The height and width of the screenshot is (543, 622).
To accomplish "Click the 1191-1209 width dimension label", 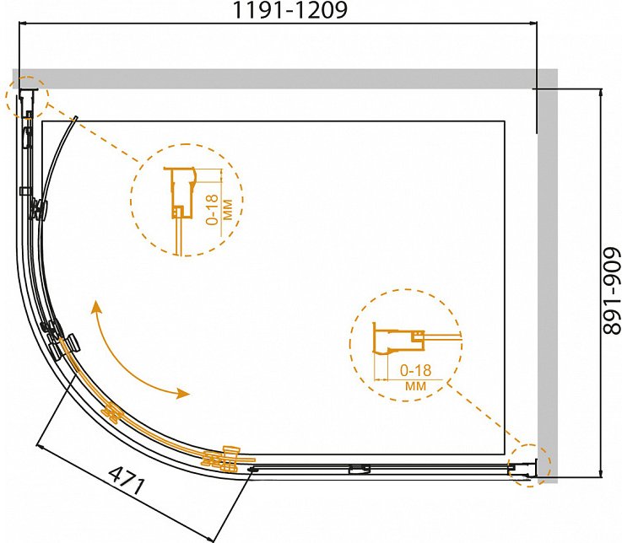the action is (290, 10).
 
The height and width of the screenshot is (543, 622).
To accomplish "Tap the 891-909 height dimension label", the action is (611, 291).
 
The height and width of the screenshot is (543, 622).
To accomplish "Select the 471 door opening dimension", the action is (126, 481).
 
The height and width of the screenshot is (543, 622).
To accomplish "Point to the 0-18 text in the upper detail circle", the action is (213, 210).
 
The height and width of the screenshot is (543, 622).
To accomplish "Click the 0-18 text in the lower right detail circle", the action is (415, 370).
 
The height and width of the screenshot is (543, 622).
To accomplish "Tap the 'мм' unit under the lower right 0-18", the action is (415, 385).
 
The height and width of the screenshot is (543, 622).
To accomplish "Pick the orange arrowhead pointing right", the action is (183, 393).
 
